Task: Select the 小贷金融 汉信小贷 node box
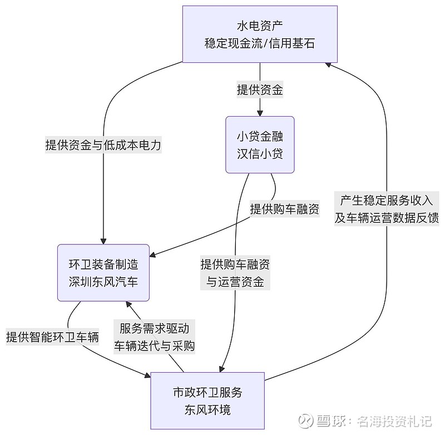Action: pyautogui.click(x=260, y=144)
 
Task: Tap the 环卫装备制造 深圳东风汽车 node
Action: pyautogui.click(x=103, y=272)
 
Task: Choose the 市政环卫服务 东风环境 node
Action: pyautogui.click(x=207, y=401)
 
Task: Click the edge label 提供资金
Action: pyautogui.click(x=260, y=90)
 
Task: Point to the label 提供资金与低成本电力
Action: pyautogui.click(x=103, y=146)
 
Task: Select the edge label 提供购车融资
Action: pyautogui.click(x=284, y=209)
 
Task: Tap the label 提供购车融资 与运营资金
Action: pyautogui.click(x=235, y=273)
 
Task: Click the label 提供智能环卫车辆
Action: pyautogui.click(x=52, y=337)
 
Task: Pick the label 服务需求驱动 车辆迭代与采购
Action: pyautogui.click(x=154, y=337)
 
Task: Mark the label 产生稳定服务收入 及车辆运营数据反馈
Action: pyautogui.click(x=387, y=209)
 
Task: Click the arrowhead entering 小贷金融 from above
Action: pyautogui.click(x=260, y=113)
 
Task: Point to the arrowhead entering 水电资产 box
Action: pyautogui.click(x=329, y=64)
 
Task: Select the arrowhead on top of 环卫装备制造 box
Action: pyautogui.click(x=103, y=241)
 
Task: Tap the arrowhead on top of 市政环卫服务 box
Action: pyautogui.click(x=222, y=368)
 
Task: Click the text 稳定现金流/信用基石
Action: pyautogui.click(x=260, y=43)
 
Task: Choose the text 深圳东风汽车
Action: pyautogui.click(x=103, y=282)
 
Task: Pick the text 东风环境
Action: pyautogui.click(x=207, y=411)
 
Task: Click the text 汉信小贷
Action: pyautogui.click(x=260, y=154)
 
